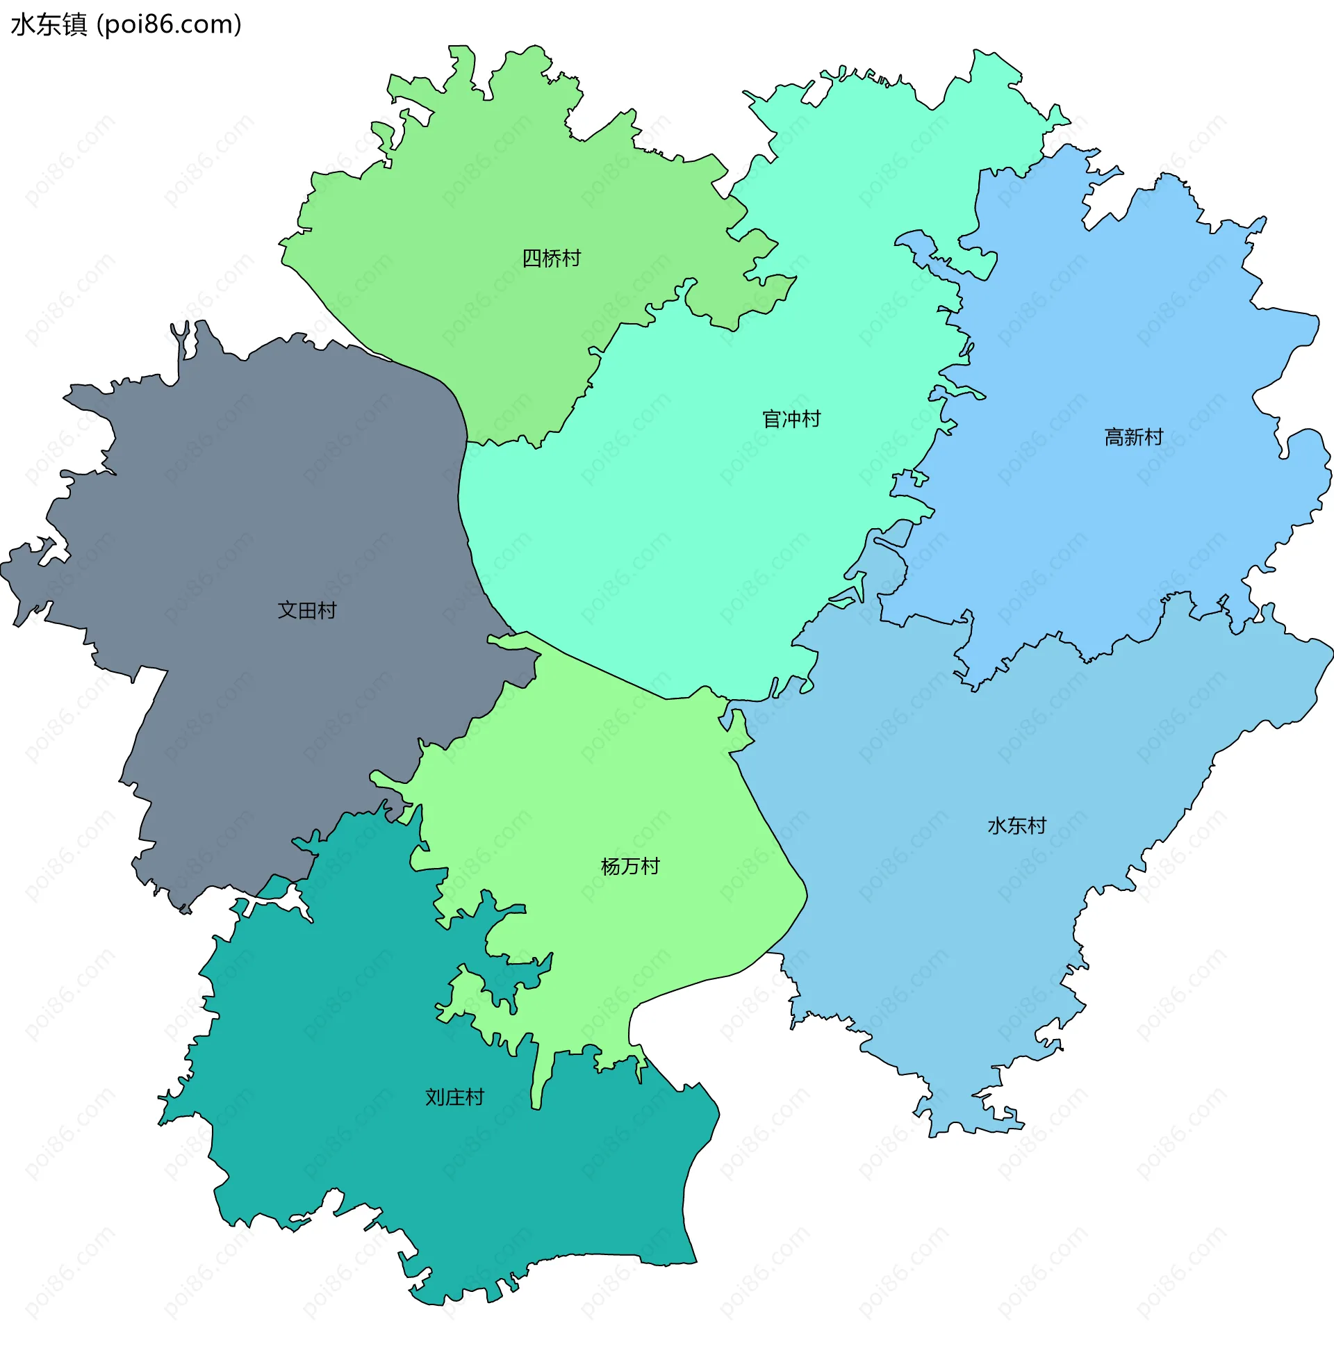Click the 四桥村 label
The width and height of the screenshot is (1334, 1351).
[x=551, y=259]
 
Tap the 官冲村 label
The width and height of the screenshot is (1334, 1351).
[x=791, y=419]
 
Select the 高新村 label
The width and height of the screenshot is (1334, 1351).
[x=1133, y=437]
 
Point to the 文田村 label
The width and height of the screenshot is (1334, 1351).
[x=307, y=610]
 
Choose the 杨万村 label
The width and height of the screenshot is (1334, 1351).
[x=630, y=867]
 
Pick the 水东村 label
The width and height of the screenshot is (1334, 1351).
[x=1016, y=826]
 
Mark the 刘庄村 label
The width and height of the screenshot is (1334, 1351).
[x=454, y=1097]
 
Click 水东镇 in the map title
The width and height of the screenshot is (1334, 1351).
[x=49, y=24]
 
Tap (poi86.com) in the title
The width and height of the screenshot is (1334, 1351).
[x=170, y=24]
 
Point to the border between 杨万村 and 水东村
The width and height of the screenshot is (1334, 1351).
[x=769, y=825]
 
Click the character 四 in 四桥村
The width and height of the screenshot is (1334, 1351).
[x=532, y=259]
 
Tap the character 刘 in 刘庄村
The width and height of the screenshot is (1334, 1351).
[x=435, y=1097]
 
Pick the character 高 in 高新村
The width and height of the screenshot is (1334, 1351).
[x=1114, y=437]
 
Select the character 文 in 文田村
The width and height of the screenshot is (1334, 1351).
[x=288, y=610]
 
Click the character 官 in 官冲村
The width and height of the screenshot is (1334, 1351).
[x=771, y=419]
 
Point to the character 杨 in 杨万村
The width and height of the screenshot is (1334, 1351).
[x=610, y=867]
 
